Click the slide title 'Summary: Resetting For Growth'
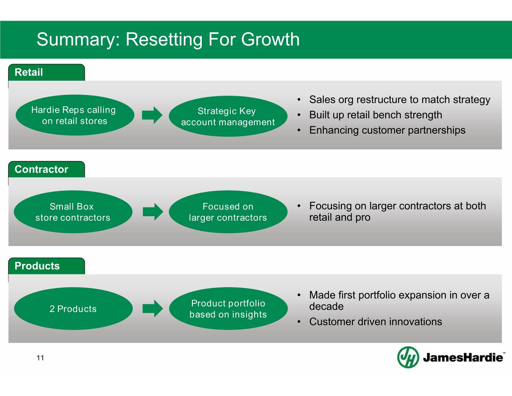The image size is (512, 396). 168,39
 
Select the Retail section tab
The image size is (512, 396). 47,72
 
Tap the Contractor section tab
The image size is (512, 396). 47,169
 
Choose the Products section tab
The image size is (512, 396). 47,266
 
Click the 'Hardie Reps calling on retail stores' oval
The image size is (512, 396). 75,115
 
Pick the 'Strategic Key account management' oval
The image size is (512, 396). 228,116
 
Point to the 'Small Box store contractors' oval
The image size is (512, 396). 73,212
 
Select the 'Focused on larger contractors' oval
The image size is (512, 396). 228,212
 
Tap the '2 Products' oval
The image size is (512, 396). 73,309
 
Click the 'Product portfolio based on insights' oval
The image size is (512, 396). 228,309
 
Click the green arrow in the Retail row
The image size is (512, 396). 152,115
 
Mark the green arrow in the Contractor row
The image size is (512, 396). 153,212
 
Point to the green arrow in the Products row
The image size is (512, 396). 153,309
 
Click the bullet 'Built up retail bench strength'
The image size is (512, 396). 375,115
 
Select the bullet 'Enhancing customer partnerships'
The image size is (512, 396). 387,130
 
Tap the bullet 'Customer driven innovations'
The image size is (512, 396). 375,322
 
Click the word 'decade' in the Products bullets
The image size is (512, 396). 326,307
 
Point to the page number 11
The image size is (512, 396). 41,358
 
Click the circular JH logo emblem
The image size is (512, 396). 408,357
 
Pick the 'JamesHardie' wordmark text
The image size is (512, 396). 463,357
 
